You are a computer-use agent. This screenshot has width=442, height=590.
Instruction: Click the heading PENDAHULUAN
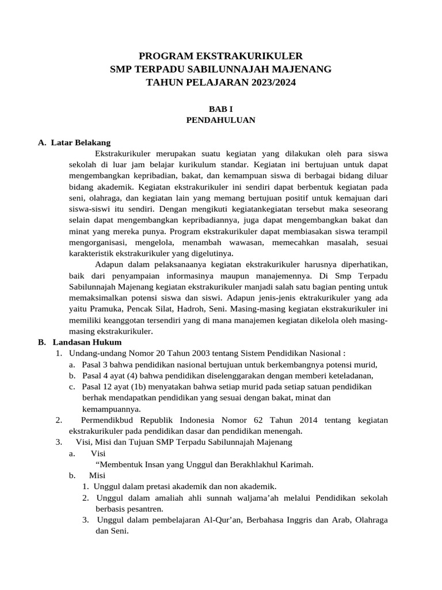(220, 120)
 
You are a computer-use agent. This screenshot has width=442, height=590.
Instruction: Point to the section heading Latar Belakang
(81, 142)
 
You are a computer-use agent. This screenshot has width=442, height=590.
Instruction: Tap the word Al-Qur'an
(223, 520)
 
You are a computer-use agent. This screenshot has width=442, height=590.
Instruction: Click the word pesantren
(144, 509)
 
